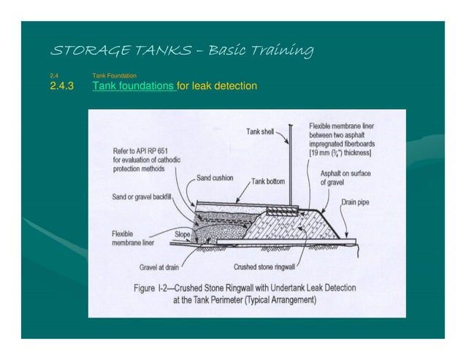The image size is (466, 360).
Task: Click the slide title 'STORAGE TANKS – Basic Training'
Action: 181,51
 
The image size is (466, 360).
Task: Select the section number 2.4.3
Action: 62,87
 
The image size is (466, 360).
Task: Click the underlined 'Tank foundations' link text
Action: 134,87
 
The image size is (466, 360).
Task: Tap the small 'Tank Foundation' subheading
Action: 115,75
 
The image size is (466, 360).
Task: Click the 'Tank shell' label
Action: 259,131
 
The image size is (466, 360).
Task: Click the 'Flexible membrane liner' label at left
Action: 131,239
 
